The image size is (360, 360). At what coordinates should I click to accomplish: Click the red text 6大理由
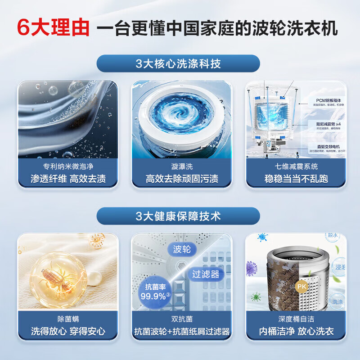coord(53,28)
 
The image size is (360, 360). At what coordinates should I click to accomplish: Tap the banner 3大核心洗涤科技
coord(178,63)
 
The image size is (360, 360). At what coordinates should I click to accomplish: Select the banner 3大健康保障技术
coord(178,216)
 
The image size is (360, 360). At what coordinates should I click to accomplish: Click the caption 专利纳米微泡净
coord(67,166)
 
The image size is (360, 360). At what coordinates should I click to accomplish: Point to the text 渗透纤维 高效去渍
coord(67,179)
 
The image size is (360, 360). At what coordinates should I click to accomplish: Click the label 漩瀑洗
coord(182,166)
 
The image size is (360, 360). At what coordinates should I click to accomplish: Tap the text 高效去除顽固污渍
coord(182,179)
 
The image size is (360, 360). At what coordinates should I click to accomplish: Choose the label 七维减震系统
coord(296,166)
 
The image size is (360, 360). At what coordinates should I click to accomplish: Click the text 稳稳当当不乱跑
coord(296,179)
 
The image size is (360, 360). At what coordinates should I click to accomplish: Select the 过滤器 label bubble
coord(205,274)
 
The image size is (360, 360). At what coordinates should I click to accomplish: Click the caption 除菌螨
coord(67,319)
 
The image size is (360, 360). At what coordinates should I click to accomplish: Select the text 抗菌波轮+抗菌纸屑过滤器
coord(182,332)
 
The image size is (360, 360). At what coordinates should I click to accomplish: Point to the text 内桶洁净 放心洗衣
coord(296,332)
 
